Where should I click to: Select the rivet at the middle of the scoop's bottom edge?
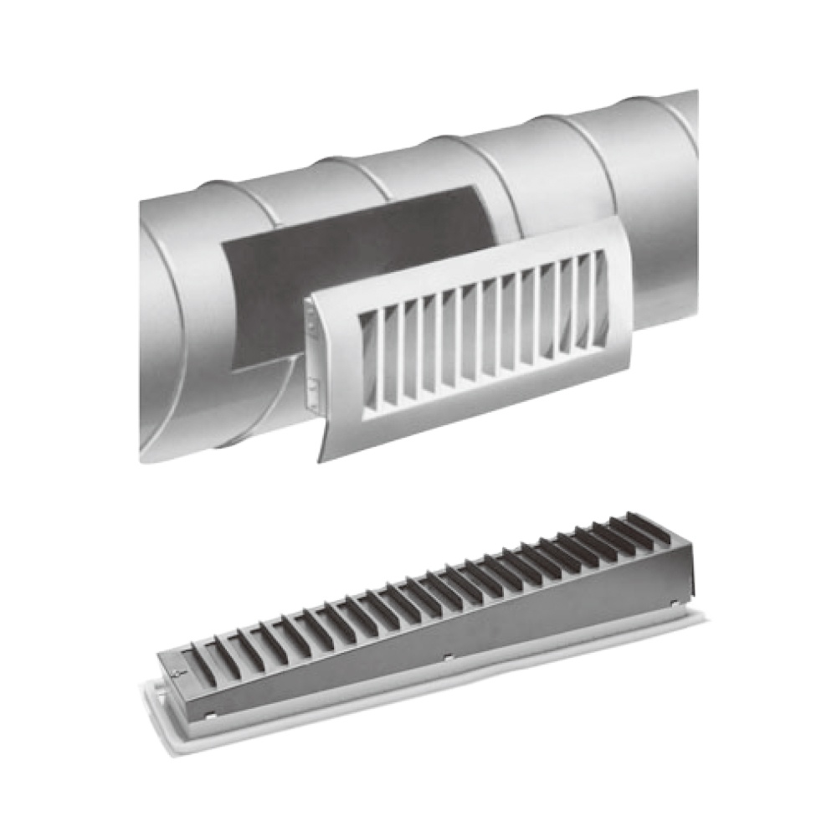[x=448, y=655]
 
